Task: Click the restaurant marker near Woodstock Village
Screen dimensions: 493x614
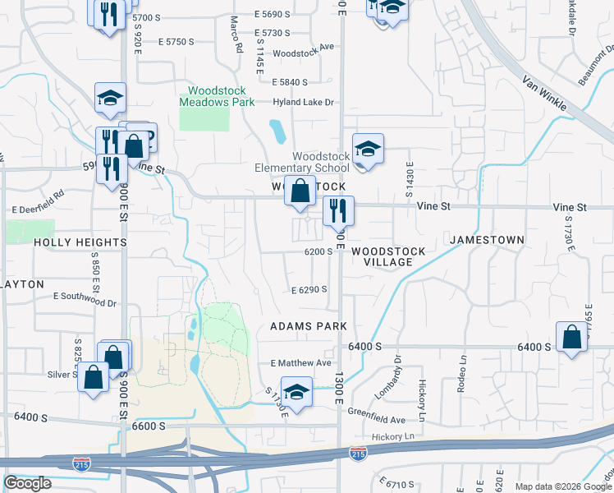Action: point(337,212)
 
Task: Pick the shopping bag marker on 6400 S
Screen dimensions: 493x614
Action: point(570,337)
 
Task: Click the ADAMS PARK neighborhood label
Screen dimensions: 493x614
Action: point(309,326)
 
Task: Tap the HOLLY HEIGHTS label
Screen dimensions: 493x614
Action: point(80,243)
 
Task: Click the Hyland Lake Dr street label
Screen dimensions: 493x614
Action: point(304,103)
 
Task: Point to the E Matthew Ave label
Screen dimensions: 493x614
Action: point(300,363)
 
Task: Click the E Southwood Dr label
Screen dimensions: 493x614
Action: point(85,298)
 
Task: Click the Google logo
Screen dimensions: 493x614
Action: point(28,483)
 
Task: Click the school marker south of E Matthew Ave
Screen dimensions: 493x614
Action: point(296,392)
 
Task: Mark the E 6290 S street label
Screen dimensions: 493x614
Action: point(309,290)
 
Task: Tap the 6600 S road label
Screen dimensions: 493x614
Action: point(149,426)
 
